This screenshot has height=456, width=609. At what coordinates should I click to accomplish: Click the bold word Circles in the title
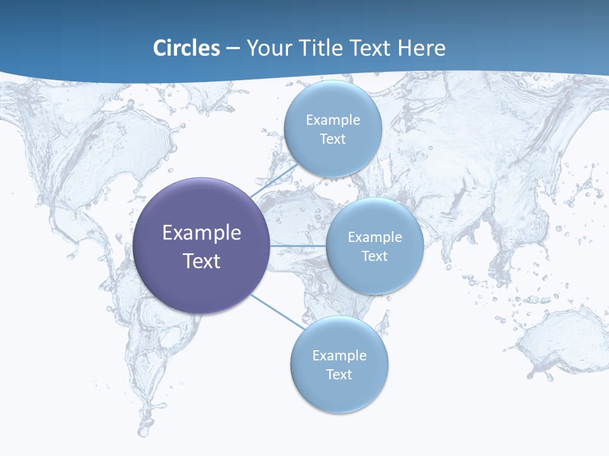[x=187, y=48]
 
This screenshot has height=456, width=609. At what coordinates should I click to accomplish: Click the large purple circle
[x=202, y=246]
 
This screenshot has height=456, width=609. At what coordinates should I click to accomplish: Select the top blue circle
[x=332, y=129]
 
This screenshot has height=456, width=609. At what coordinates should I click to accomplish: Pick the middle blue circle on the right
[x=374, y=246]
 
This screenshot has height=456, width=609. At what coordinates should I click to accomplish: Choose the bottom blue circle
[x=339, y=365]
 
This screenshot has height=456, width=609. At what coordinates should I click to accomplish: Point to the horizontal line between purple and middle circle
[x=298, y=245]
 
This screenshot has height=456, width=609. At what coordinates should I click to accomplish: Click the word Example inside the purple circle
[x=202, y=232]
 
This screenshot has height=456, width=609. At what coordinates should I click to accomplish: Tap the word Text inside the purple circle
[x=202, y=261]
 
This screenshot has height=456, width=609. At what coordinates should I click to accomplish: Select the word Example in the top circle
[x=332, y=120]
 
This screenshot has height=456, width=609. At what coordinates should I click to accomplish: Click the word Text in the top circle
[x=332, y=139]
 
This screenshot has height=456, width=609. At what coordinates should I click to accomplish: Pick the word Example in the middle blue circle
[x=374, y=237]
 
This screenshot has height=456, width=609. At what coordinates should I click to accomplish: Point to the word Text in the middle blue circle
[x=374, y=256]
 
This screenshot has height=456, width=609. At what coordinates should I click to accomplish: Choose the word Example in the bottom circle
[x=339, y=355]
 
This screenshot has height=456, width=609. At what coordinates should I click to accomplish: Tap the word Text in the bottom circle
[x=339, y=374]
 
